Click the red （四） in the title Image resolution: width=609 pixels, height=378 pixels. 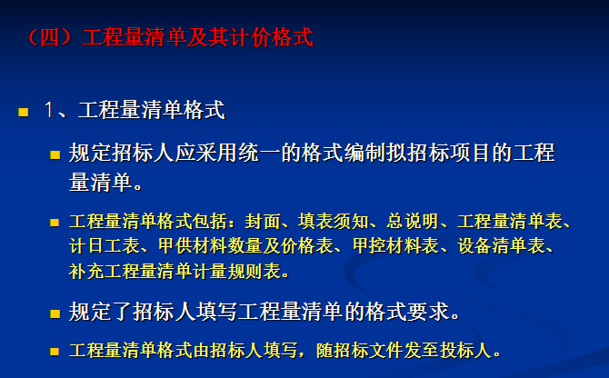pyautogui.click(x=50, y=37)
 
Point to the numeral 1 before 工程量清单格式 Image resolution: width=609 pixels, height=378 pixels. pyautogui.click(x=49, y=110)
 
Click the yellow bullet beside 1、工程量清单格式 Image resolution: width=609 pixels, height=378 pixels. pyautogui.click(x=24, y=112)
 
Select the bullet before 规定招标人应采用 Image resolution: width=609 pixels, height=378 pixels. pyautogui.click(x=55, y=155)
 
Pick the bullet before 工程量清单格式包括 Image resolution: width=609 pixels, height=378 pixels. pyautogui.click(x=55, y=223)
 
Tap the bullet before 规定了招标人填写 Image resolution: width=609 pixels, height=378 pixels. pyautogui.click(x=55, y=313)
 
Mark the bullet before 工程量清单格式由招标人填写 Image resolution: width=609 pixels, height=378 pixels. pyautogui.click(x=55, y=352)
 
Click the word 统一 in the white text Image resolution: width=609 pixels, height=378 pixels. pyautogui.click(x=259, y=153)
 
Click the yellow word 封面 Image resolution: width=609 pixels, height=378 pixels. pyautogui.click(x=262, y=221)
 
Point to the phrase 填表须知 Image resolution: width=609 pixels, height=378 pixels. pyautogui.click(x=334, y=221)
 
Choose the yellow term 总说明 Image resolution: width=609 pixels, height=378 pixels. pyautogui.click(x=412, y=221)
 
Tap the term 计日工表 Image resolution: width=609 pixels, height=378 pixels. pyautogui.click(x=105, y=246)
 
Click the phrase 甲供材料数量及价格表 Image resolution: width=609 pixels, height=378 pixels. pyautogui.click(x=245, y=246)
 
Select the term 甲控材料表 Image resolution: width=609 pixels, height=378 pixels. pyautogui.click(x=395, y=246)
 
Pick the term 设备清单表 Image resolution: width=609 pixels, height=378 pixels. pyautogui.click(x=502, y=246)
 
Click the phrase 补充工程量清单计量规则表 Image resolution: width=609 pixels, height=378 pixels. pyautogui.click(x=175, y=271)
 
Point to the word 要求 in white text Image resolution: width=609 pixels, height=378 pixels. pyautogui.click(x=427, y=312)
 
